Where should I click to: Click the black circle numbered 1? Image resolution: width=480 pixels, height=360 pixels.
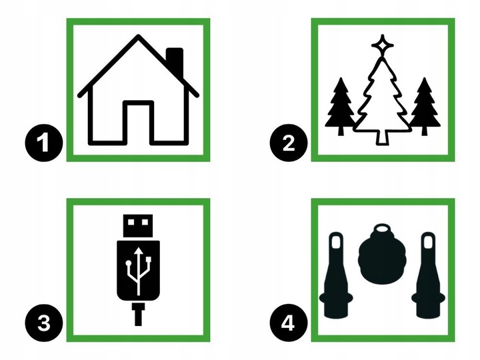click(44, 143)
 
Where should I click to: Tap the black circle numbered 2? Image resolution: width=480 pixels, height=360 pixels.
click(289, 143)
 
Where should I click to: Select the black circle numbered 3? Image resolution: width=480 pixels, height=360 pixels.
click(44, 323)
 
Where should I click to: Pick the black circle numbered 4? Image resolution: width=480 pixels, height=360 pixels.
click(289, 323)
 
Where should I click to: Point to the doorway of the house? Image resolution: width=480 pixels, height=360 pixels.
click(139, 123)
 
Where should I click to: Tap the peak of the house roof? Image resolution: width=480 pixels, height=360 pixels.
click(139, 37)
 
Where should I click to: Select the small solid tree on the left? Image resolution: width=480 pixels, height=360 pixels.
click(341, 107)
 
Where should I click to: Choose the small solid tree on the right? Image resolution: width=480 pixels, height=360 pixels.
click(425, 107)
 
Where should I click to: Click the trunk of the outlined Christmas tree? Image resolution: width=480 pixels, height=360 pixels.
click(382, 137)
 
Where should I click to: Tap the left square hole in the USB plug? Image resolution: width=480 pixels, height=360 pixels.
click(131, 222)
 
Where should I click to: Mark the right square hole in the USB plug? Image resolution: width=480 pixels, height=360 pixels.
click(145, 222)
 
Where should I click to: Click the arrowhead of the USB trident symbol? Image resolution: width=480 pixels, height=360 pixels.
click(139, 251)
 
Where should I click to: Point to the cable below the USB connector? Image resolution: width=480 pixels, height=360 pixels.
click(139, 315)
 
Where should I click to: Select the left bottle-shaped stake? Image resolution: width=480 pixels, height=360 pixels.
click(336, 275)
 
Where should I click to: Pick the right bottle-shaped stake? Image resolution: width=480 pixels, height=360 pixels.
click(428, 275)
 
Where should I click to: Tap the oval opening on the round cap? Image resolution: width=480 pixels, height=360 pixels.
click(382, 229)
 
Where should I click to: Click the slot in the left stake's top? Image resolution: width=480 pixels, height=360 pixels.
click(337, 241)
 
